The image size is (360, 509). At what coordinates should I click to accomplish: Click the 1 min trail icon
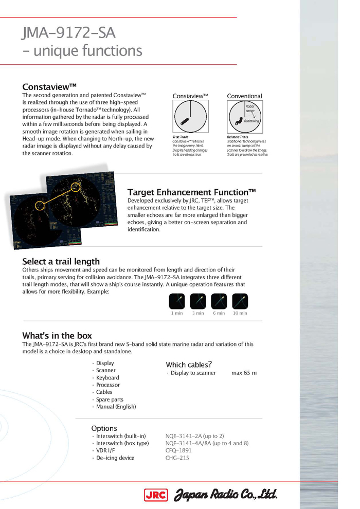coord(177,301)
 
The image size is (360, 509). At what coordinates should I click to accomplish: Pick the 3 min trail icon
coord(198,301)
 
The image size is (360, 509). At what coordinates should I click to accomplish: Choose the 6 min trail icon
coord(219,301)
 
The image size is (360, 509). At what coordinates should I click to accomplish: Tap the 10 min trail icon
coord(240,301)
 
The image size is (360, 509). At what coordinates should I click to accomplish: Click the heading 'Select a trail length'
coord(61,262)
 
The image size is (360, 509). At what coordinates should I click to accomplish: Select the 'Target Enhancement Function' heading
coord(191,192)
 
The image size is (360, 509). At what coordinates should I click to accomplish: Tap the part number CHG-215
coord(177,458)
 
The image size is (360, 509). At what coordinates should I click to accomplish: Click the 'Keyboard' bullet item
coord(107,377)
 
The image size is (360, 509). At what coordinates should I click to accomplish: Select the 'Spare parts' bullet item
coord(110,399)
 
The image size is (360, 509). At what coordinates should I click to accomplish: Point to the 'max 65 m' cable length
coord(244,373)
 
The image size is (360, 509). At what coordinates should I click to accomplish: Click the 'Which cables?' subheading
coord(189,365)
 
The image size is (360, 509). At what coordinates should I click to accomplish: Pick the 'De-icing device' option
coord(115,458)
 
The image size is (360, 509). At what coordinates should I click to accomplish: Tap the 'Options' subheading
coord(104,428)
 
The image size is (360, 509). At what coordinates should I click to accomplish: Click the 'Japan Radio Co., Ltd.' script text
coord(225,495)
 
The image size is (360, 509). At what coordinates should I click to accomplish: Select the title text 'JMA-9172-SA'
coord(69,34)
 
